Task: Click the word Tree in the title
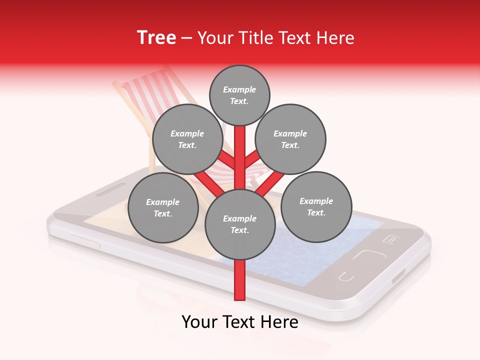tap(156, 37)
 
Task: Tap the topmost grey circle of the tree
tap(239, 95)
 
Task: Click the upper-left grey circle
tap(187, 139)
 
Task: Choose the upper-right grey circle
tap(290, 139)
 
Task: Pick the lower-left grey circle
tap(162, 207)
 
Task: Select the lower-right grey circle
tap(316, 206)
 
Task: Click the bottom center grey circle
tap(239, 224)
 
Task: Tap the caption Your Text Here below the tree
tap(239, 322)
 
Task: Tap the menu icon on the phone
tap(390, 239)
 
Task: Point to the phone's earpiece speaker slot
tap(110, 189)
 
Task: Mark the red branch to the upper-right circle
tap(252, 159)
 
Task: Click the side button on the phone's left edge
tap(85, 241)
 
